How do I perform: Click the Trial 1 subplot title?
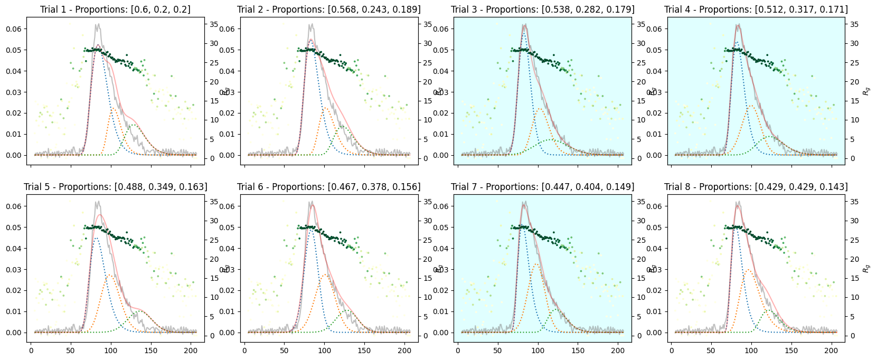click(x=115, y=10)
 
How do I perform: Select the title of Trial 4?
click(x=756, y=10)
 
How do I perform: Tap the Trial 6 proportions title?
click(x=329, y=187)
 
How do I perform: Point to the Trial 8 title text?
click(x=756, y=187)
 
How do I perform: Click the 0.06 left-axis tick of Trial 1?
click(x=14, y=29)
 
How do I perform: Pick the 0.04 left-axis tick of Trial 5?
click(x=14, y=249)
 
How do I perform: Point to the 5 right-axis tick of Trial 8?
click(x=851, y=317)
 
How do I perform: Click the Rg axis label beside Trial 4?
click(x=866, y=91)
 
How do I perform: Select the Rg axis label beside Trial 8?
click(x=866, y=269)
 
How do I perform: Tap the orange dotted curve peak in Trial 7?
click(x=537, y=264)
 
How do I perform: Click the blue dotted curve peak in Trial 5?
click(x=96, y=238)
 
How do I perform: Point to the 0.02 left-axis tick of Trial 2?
click(x=228, y=113)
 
